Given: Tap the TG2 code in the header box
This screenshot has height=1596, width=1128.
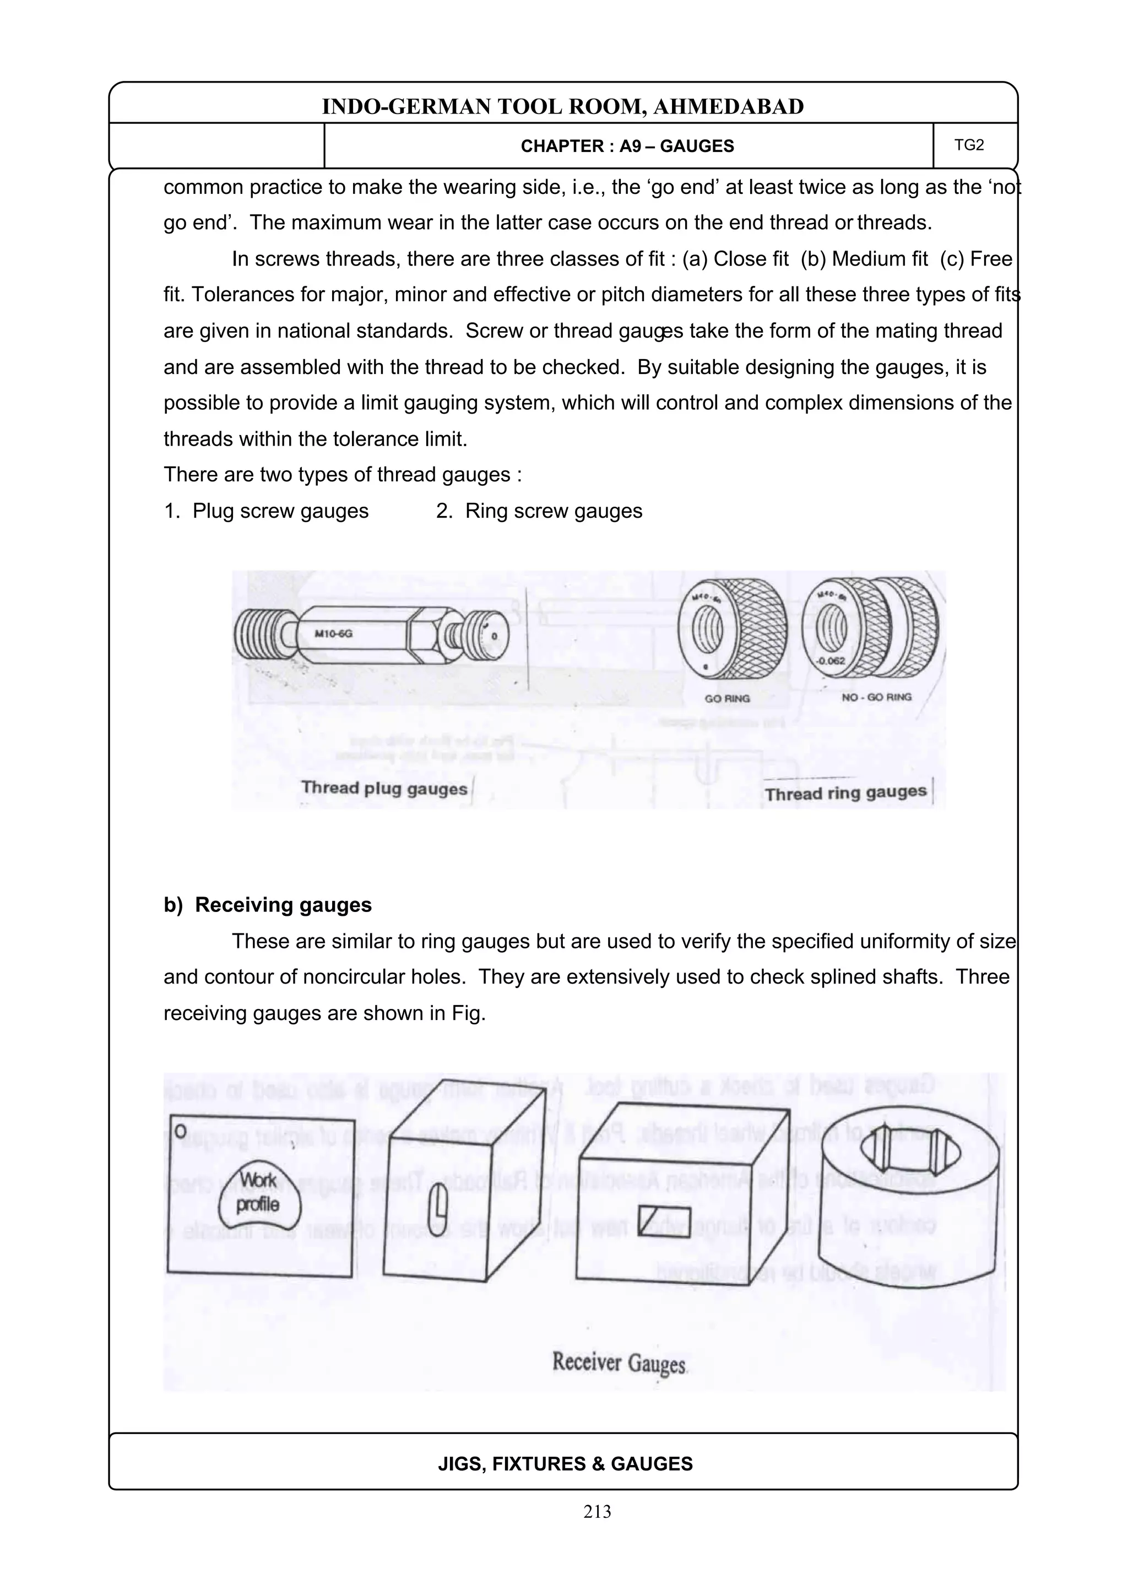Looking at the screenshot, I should coord(969,145).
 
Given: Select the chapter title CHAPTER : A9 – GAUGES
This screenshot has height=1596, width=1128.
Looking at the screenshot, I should coord(627,146).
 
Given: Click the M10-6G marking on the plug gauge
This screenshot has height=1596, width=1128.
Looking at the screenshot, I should coord(334,633).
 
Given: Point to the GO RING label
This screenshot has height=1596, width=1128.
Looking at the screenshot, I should coord(727,698).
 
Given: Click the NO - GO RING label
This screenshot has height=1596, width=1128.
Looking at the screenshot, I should coord(876,697).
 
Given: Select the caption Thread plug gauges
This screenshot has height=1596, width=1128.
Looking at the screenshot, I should coord(384,788).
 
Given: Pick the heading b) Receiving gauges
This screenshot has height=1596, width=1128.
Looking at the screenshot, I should coord(268,904).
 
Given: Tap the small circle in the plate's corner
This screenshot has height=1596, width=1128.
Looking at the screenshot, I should coord(180,1131).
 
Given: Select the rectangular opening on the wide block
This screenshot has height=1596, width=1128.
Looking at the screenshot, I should coord(664,1222).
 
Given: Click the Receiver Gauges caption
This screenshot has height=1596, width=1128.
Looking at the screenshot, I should coord(619,1362).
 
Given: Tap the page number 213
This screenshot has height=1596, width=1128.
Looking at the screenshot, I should coord(597,1511).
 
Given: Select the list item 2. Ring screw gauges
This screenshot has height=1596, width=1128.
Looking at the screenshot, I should coord(539,511).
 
